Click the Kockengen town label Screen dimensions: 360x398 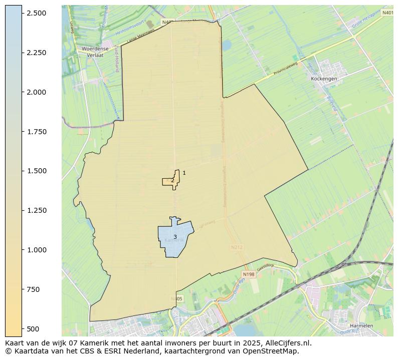coord(324,79)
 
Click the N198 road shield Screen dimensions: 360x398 coord(248,274)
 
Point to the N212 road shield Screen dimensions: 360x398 coord(237,247)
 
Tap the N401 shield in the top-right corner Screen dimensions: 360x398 coord(387,13)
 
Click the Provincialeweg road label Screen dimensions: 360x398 coord(286,70)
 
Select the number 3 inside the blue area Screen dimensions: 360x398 coord(175,237)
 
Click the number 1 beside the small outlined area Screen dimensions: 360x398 coord(184,173)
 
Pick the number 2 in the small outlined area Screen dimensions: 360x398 coord(172,181)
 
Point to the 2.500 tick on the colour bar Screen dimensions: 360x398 coord(36,13)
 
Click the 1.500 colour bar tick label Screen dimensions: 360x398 coord(36,171)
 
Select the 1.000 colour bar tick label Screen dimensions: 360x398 coord(36,250)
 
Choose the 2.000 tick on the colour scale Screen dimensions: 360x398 coord(36,92)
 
